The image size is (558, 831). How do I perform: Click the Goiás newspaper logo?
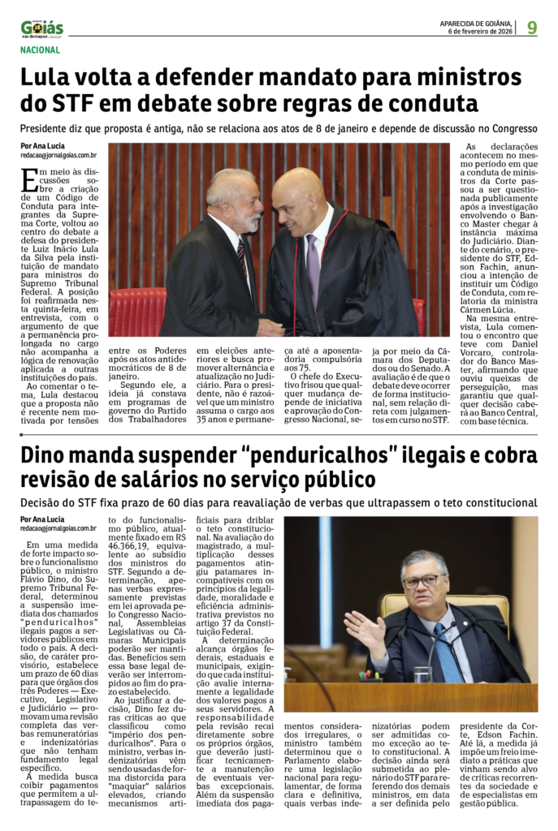point(42,28)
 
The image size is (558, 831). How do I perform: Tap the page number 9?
point(532,28)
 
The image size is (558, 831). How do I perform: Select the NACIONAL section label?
point(41,50)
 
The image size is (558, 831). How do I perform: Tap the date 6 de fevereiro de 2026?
point(480,32)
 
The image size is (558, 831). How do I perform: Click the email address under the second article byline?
point(59,528)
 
